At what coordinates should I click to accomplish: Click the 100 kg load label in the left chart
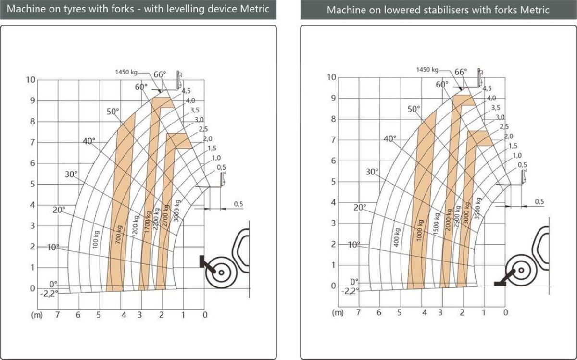coord(96,239)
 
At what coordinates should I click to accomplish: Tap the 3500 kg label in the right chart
coord(477,208)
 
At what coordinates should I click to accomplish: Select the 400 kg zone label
coord(397,237)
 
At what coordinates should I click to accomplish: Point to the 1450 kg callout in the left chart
coord(126,72)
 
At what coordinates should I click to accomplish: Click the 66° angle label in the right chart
coord(461,72)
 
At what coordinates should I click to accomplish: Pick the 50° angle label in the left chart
coord(113,112)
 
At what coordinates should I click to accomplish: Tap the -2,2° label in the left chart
coord(49,294)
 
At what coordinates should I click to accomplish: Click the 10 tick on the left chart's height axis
coord(30,80)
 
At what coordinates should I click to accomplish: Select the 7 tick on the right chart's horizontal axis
coord(358,312)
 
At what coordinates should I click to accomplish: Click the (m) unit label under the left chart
coord(37,315)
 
